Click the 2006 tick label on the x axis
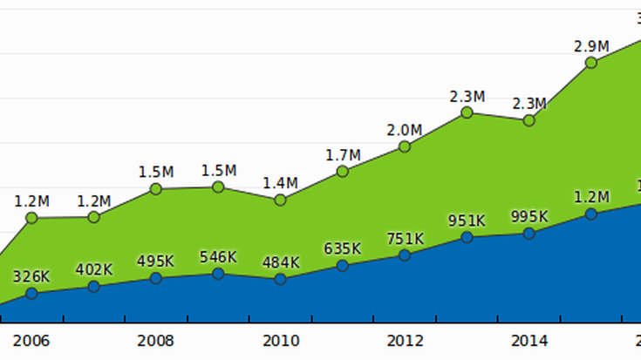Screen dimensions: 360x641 click(31, 339)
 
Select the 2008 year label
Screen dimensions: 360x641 click(156, 339)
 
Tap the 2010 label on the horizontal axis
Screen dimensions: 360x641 click(280, 339)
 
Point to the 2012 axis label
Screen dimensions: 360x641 click(405, 339)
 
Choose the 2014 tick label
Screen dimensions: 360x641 click(528, 339)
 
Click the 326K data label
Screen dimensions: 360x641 click(31, 277)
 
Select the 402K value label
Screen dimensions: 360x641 click(94, 269)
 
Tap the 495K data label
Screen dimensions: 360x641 click(156, 262)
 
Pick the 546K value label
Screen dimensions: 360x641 click(218, 257)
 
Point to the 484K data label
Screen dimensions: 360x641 click(280, 262)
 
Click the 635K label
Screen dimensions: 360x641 click(343, 248)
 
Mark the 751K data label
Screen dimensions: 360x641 click(405, 239)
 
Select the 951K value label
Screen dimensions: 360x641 click(467, 221)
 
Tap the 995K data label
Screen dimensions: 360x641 click(529, 217)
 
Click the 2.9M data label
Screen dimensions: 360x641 click(591, 45)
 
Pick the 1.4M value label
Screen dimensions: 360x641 click(280, 183)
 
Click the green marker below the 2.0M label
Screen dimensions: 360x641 click(405, 146)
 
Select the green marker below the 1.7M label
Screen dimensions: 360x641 click(343, 171)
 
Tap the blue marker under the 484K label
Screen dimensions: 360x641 click(280, 279)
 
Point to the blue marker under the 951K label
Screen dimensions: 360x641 click(467, 237)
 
